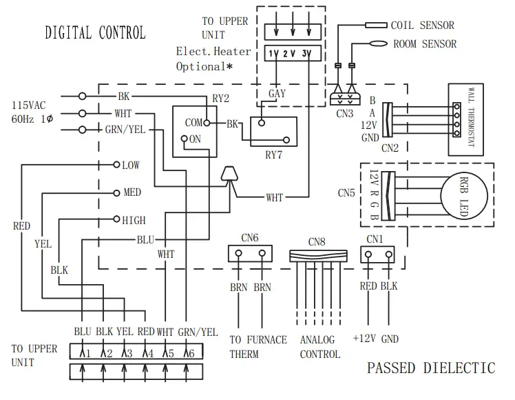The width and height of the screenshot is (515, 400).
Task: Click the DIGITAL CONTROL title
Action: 95,32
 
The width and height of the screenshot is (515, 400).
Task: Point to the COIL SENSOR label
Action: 422,26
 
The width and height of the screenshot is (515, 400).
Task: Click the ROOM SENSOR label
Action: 424,44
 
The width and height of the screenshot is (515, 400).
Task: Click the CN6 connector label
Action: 250,238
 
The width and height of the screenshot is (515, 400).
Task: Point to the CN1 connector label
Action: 375,239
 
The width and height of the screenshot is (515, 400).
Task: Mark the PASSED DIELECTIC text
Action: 430,368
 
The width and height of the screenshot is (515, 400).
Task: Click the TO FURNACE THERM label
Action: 257,346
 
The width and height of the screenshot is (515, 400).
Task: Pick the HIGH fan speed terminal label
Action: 134,221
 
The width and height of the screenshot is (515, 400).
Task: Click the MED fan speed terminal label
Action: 132,193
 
